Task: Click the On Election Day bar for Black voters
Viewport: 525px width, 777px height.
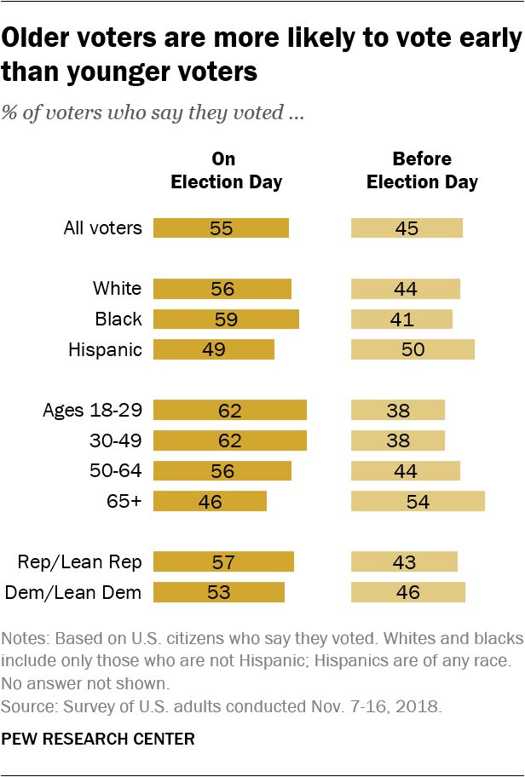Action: (226, 319)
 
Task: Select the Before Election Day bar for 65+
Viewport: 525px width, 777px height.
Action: (418, 501)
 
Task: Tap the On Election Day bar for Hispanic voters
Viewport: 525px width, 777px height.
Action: (213, 349)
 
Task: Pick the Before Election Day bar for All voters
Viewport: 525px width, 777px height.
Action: (407, 227)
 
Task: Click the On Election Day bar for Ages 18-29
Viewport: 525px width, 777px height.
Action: (229, 410)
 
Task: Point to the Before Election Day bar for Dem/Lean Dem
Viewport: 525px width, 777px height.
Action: (408, 592)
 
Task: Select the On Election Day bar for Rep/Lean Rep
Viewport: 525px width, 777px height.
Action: (223, 561)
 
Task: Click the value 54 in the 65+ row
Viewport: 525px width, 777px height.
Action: (418, 501)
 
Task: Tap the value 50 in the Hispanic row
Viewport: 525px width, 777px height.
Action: (412, 349)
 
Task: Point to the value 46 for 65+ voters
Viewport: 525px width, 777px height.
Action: (210, 501)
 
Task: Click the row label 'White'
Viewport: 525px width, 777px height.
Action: (117, 289)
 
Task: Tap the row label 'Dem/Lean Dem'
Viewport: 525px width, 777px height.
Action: (73, 592)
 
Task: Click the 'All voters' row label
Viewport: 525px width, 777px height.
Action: (102, 227)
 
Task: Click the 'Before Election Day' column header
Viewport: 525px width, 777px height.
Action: (423, 170)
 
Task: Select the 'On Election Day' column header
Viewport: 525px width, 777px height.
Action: (226, 170)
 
